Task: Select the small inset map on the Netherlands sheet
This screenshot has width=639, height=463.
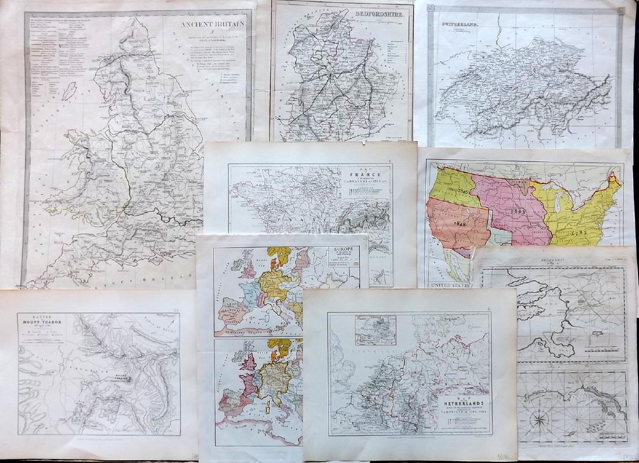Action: pos(374,331)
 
